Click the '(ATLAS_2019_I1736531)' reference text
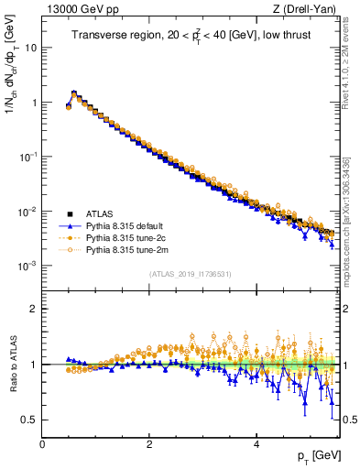[x=191, y=274]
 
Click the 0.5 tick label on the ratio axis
[x=28, y=420]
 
